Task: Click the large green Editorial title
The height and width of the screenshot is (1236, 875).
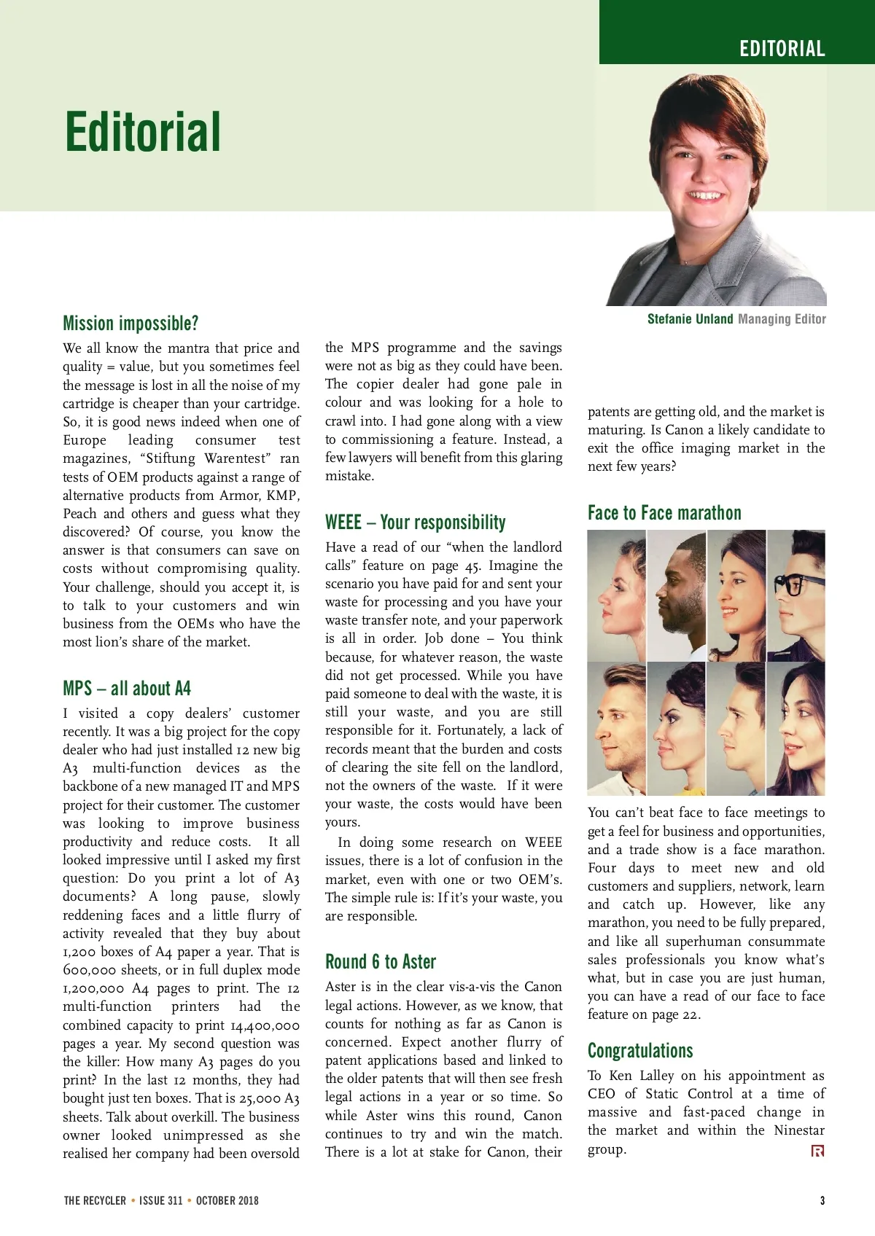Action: (x=143, y=132)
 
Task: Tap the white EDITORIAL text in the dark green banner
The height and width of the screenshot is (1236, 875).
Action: (x=782, y=49)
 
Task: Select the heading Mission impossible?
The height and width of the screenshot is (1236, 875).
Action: (x=131, y=324)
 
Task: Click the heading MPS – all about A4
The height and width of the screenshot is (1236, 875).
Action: (x=127, y=689)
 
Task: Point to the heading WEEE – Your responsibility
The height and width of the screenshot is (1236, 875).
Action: (x=416, y=523)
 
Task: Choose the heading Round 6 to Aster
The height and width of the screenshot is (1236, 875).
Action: (x=381, y=962)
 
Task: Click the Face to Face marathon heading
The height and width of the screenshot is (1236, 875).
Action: (x=664, y=513)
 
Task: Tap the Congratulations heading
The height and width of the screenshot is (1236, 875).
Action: (x=640, y=1051)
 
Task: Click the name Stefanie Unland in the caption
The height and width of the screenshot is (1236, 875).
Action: (x=690, y=319)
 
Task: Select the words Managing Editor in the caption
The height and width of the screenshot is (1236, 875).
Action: (x=782, y=319)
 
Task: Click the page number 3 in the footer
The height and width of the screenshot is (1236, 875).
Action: (x=822, y=1200)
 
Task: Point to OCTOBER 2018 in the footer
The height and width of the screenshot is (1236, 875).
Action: (x=227, y=1200)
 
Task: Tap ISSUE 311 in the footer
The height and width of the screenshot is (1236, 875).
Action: (x=161, y=1200)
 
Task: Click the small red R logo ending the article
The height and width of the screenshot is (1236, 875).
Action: (x=818, y=1151)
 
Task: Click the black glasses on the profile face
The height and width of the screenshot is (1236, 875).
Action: (x=790, y=584)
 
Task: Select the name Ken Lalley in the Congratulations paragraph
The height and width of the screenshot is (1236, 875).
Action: (x=642, y=1076)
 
